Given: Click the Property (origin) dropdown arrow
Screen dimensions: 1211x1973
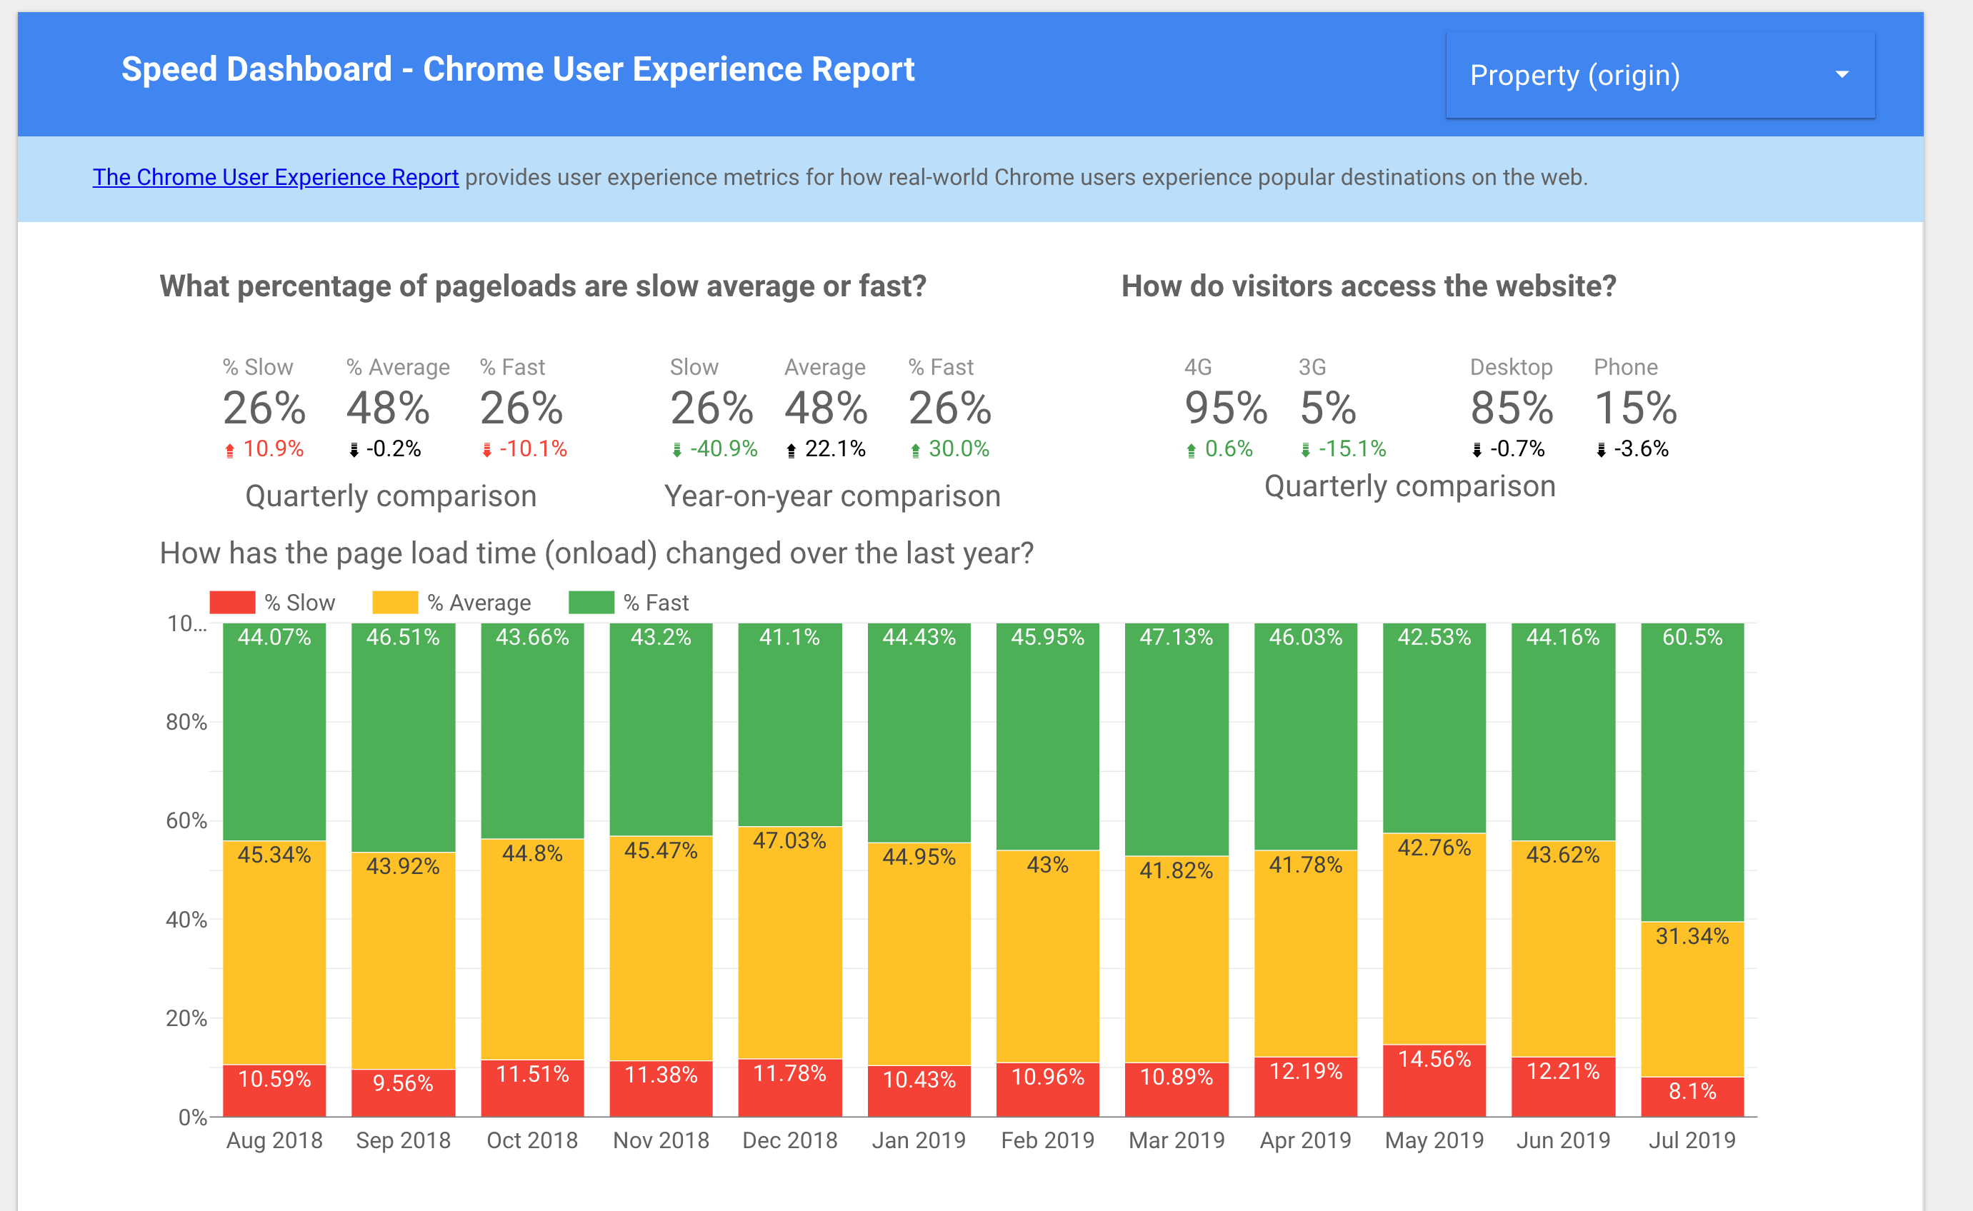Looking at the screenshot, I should tap(1842, 74).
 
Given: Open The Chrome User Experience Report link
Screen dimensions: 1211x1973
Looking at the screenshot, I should tap(275, 177).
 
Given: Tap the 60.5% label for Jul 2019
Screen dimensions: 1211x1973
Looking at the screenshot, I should tap(1692, 638).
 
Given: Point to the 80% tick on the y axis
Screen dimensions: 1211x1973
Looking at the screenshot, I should tap(186, 723).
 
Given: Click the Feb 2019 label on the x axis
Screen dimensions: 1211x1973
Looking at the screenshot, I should tap(1047, 1140).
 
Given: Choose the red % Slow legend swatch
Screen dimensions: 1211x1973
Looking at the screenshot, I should tap(232, 603).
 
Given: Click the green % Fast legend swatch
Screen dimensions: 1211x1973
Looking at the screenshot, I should tap(591, 603).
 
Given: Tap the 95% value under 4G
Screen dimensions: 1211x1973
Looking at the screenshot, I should tap(1226, 408).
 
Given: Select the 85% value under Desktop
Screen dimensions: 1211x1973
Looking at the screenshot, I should tap(1512, 408).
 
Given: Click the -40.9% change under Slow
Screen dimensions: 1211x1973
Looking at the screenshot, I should tap(724, 449).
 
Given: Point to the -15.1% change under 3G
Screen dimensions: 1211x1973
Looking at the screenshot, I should tap(1352, 449).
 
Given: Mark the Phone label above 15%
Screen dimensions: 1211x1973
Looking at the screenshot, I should tap(1625, 368).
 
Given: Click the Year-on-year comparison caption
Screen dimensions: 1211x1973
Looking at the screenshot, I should tap(832, 496).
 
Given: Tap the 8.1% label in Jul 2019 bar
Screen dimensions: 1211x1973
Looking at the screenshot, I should tap(1692, 1091).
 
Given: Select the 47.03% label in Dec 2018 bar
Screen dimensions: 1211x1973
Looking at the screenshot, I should tap(790, 841).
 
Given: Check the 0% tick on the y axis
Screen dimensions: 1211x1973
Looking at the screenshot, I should tap(192, 1117).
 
